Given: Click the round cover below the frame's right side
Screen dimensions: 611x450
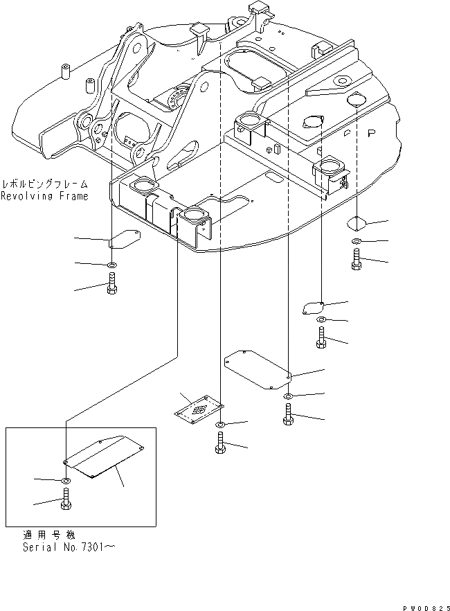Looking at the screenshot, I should (x=355, y=222).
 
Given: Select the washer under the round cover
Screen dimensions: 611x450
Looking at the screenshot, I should (x=355, y=241).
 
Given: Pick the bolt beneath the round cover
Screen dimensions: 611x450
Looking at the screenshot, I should (x=356, y=260).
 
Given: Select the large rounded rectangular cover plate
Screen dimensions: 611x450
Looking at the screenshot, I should (x=256, y=367).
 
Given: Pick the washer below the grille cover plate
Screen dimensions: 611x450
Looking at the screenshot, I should (x=219, y=425).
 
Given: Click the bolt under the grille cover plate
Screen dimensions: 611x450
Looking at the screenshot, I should (x=219, y=444).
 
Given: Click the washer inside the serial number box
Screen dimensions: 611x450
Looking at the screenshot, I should (x=65, y=480).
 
